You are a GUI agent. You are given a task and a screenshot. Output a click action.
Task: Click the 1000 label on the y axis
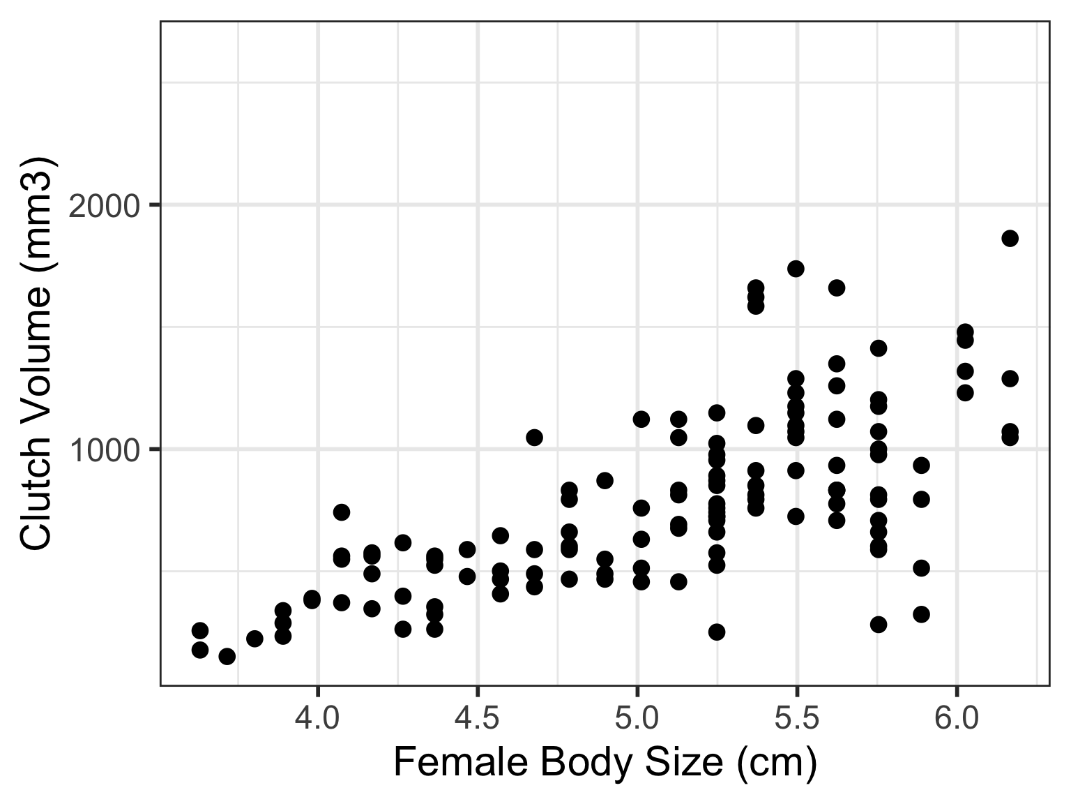105,450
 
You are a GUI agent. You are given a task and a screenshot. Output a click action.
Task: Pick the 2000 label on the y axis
105,206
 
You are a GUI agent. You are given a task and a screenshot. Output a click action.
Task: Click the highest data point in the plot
1010,239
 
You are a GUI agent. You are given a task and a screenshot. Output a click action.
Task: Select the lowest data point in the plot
227,656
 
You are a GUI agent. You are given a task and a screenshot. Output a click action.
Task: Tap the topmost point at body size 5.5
796,269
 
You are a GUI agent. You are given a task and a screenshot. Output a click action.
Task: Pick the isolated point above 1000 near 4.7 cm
534,438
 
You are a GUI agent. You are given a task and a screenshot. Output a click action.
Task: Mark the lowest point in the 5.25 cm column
717,632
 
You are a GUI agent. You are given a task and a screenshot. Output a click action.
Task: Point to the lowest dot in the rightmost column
1010,437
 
